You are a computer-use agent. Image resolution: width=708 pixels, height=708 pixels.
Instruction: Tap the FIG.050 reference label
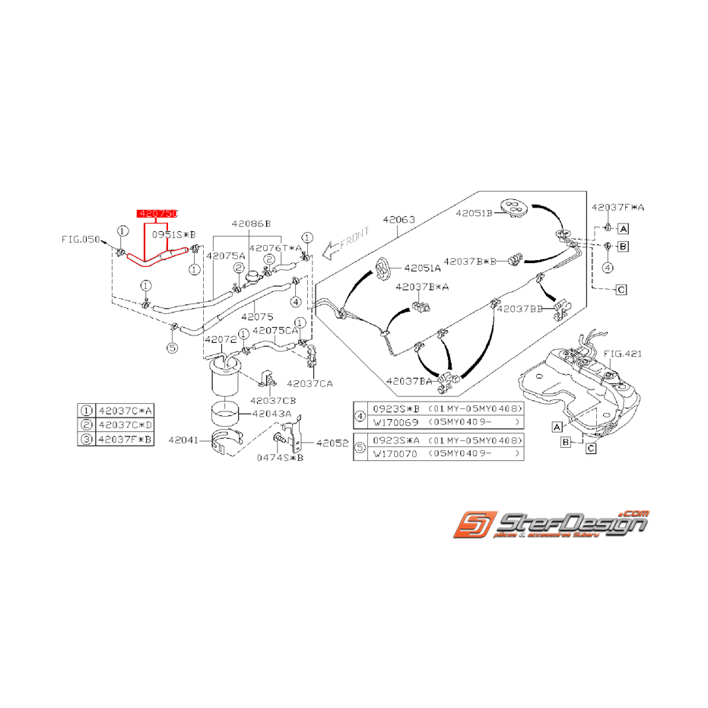tap(81, 239)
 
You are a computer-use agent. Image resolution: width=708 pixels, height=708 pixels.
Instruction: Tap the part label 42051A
tap(422, 268)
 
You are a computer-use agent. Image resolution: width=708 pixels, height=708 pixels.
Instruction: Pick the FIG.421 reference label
tap(623, 353)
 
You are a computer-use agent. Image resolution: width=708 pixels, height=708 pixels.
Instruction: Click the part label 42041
tap(183, 440)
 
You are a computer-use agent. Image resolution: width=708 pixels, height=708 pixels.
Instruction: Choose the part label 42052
tap(332, 442)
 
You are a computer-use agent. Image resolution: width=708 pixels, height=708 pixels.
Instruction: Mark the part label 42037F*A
tap(618, 207)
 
